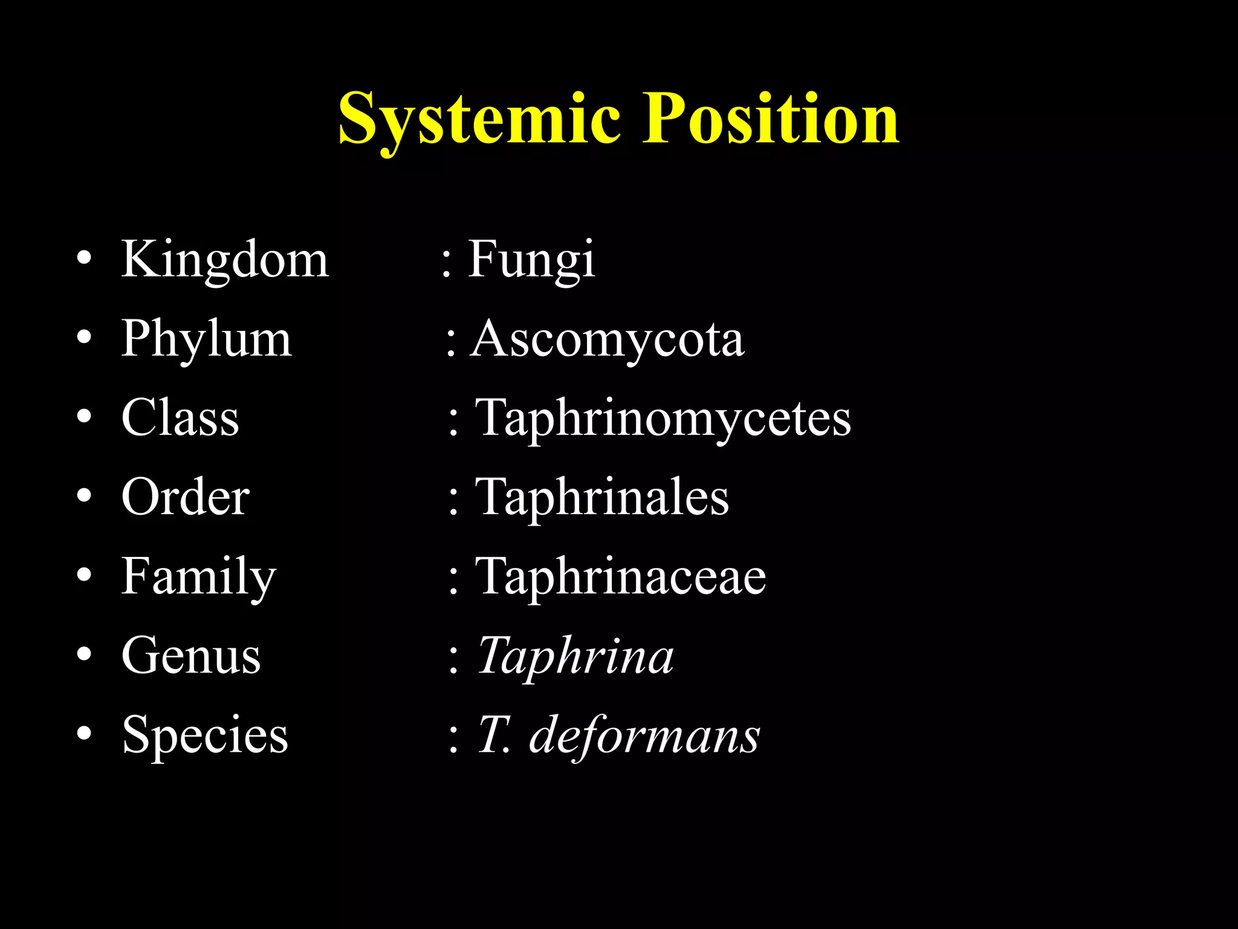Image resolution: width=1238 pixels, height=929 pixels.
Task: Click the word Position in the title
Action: (x=770, y=119)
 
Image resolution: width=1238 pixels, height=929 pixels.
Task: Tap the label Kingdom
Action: (x=225, y=260)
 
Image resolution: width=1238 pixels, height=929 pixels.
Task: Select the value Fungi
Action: (x=531, y=260)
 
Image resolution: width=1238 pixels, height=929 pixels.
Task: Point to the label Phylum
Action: (x=207, y=339)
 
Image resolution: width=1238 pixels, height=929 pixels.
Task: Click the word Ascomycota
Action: (x=608, y=341)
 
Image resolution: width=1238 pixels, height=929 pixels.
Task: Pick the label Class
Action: (x=180, y=418)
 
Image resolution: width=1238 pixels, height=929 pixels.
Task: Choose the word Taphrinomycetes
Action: (x=663, y=419)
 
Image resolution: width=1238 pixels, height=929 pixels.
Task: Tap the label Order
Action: (x=185, y=497)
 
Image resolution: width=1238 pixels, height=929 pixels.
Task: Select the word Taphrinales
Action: (x=603, y=498)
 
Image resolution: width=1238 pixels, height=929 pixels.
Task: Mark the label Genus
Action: (x=191, y=656)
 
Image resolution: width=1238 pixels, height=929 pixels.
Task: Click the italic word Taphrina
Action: (x=575, y=656)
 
